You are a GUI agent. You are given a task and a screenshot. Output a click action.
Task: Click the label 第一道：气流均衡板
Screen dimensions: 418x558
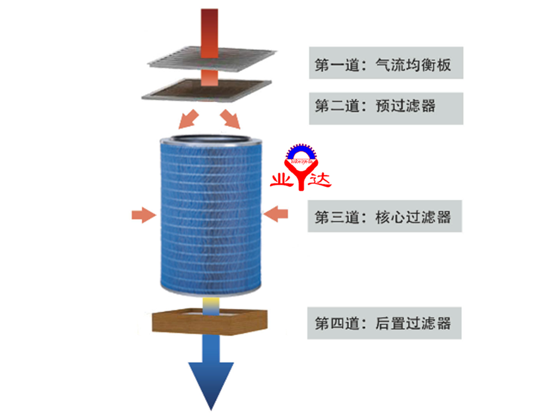[385, 63]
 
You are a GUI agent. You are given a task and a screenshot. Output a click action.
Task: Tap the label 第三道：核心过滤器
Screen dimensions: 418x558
[385, 217]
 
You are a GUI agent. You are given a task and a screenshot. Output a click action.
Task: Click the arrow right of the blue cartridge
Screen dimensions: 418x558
[276, 213]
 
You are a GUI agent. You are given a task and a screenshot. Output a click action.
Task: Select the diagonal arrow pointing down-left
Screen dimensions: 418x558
[189, 116]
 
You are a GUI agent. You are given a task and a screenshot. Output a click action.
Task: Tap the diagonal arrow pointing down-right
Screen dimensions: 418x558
[231, 118]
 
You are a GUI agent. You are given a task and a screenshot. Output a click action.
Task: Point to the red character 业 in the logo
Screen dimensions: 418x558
[282, 180]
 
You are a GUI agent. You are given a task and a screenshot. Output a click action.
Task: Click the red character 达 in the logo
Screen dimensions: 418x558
[320, 179]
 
